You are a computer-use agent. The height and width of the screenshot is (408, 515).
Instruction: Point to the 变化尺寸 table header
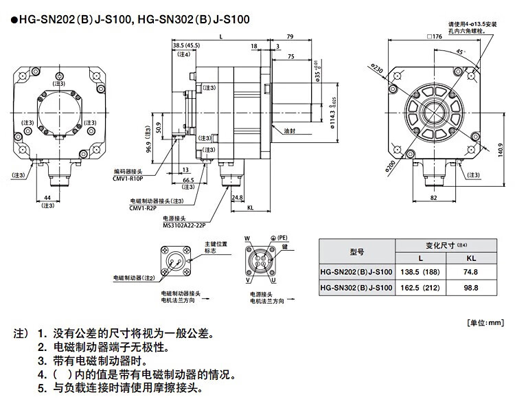coord(446,245)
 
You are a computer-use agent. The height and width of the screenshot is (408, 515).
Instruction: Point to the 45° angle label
coord(458,52)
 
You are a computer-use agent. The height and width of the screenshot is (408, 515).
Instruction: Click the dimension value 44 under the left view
coord(47,198)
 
